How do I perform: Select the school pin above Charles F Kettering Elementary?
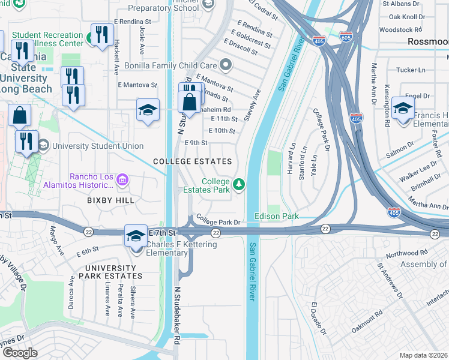[x=136, y=236]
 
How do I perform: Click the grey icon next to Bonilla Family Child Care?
[x=225, y=64]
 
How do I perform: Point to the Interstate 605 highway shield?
[x=345, y=37]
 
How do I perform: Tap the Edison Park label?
[x=276, y=215]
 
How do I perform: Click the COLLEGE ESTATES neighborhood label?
[x=192, y=162]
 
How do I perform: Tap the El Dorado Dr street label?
[x=318, y=318]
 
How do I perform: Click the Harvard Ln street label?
[x=292, y=158]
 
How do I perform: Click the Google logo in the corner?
[x=20, y=353]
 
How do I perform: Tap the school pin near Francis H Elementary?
[x=403, y=110]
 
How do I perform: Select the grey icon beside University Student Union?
[x=43, y=146]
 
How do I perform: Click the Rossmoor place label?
[x=427, y=41]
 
